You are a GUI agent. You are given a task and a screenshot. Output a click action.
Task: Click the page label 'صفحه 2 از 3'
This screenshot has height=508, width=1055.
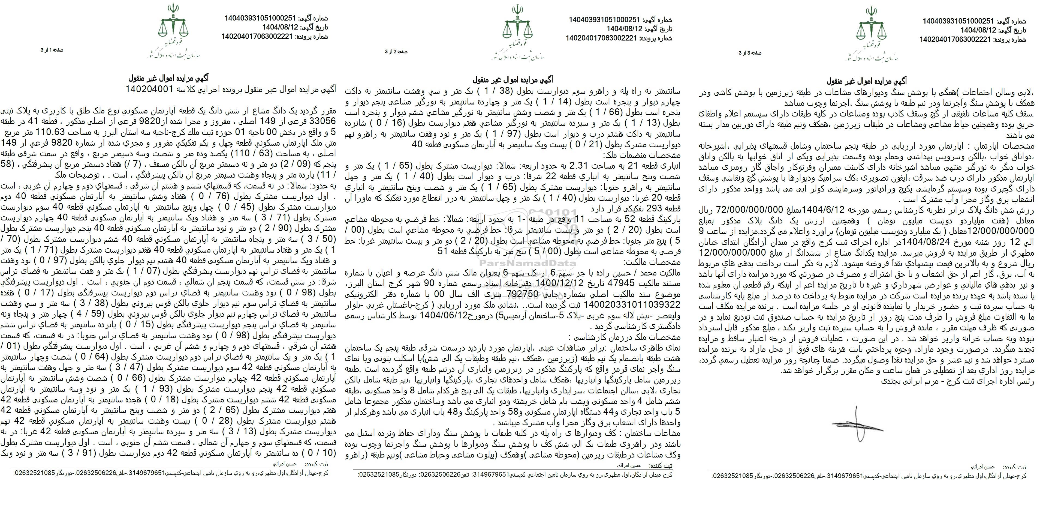pos(396,52)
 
